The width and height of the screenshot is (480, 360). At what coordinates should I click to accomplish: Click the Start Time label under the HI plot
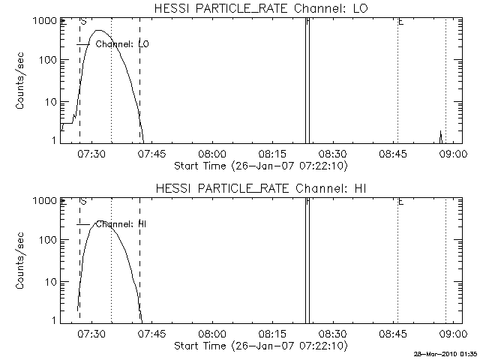point(259,346)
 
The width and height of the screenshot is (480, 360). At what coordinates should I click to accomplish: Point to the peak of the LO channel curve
point(102,31)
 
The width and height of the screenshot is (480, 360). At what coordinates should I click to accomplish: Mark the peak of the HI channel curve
point(101,220)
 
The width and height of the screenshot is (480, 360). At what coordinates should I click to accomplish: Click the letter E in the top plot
point(401,22)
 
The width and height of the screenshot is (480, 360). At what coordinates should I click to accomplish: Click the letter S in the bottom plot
point(83,202)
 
